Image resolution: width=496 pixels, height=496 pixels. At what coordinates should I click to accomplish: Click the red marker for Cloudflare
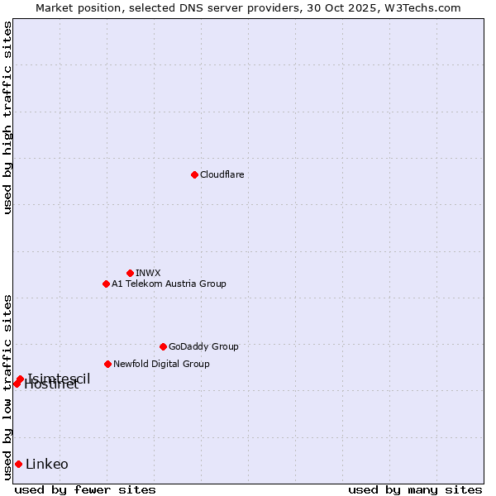click(194, 174)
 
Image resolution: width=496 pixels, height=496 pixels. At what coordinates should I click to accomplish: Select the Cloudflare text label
click(222, 174)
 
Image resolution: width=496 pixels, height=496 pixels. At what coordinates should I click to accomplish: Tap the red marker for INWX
click(130, 273)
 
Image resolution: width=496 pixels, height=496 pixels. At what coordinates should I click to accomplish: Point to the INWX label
click(148, 273)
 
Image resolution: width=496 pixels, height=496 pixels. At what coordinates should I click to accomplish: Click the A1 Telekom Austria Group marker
click(106, 284)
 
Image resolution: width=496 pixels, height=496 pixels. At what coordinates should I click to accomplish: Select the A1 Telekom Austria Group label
click(169, 284)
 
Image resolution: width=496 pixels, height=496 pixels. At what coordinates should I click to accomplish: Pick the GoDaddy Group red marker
click(163, 346)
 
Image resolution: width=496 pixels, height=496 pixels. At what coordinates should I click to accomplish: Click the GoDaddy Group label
click(203, 346)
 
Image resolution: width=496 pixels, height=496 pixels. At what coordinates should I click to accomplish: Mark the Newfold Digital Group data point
click(107, 364)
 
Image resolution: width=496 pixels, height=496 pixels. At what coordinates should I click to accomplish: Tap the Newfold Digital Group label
click(161, 364)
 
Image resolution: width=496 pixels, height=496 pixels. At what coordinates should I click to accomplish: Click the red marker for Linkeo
click(18, 464)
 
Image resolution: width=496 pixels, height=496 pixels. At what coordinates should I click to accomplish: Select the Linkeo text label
click(47, 464)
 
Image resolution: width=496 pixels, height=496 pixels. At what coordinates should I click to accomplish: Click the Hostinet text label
click(51, 385)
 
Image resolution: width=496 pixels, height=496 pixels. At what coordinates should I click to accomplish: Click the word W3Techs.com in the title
click(425, 7)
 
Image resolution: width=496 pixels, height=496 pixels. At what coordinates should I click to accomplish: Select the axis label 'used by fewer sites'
click(85, 489)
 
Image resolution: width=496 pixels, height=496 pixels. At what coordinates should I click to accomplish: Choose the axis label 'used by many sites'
click(415, 489)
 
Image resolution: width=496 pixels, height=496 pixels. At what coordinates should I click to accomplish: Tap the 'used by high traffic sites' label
click(7, 117)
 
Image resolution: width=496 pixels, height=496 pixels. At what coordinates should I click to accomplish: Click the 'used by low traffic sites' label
click(7, 387)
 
